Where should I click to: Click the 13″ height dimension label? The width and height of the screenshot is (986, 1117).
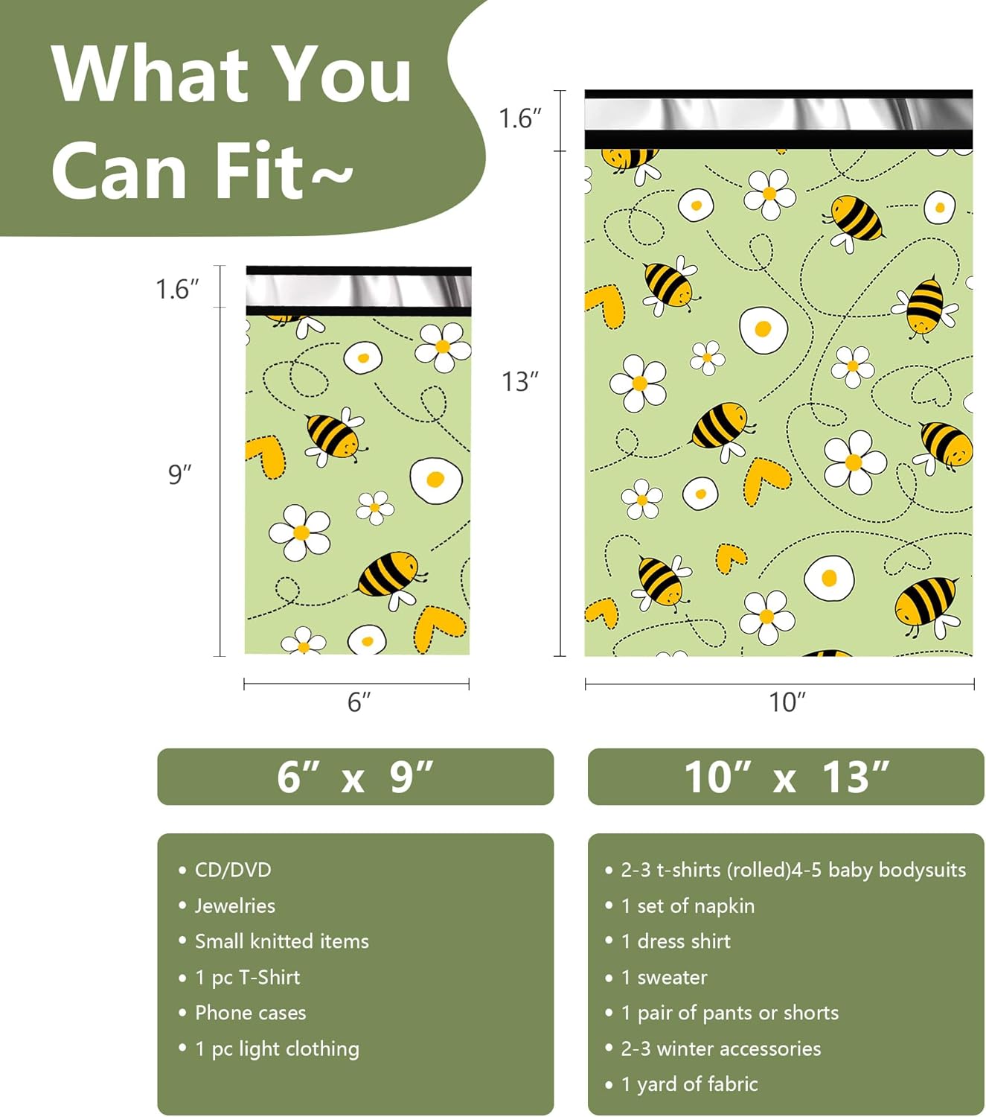tap(519, 381)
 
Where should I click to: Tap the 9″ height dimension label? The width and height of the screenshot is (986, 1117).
tap(179, 474)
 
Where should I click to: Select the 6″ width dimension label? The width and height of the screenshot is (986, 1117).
tap(359, 701)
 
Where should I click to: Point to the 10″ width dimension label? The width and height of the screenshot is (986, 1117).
tap(787, 701)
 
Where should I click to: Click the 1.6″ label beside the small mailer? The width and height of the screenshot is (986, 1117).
tap(177, 289)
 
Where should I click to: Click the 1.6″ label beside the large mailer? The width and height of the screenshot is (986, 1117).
tap(519, 118)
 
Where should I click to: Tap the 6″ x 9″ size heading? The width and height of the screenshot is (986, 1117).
tap(355, 777)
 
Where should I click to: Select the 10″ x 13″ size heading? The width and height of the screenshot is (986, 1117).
tap(786, 777)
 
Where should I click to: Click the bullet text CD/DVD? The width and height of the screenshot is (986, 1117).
tap(233, 870)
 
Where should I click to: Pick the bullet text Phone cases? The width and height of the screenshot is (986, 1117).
tap(250, 1013)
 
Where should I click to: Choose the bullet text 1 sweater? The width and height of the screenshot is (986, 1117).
tap(664, 977)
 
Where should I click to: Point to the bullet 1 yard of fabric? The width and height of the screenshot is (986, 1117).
tap(689, 1084)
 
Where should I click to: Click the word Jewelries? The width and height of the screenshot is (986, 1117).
tap(234, 906)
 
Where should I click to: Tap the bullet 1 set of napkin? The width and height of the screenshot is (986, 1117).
tap(688, 906)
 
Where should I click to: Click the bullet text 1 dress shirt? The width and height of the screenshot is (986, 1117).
tap(676, 941)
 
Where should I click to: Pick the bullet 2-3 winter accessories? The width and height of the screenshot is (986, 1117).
tap(720, 1048)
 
